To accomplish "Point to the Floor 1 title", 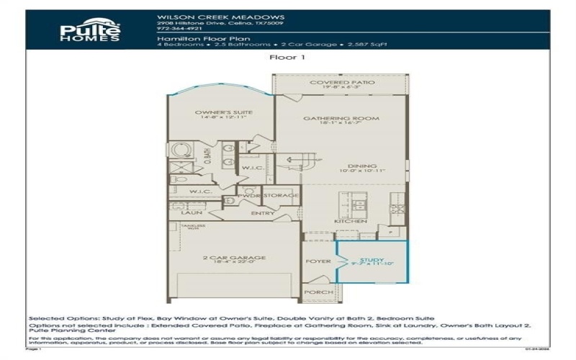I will [x=287, y=57].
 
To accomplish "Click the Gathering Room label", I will [x=341, y=119].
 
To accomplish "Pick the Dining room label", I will [x=362, y=166].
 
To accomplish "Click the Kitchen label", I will [x=346, y=221].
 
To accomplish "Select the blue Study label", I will [x=372, y=260].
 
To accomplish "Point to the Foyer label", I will [x=318, y=261].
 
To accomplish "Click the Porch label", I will [x=318, y=292].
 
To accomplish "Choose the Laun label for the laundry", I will [x=191, y=213].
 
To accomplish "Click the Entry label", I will [x=262, y=213].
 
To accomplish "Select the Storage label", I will [x=280, y=194].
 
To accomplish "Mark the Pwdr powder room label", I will [x=248, y=194].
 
